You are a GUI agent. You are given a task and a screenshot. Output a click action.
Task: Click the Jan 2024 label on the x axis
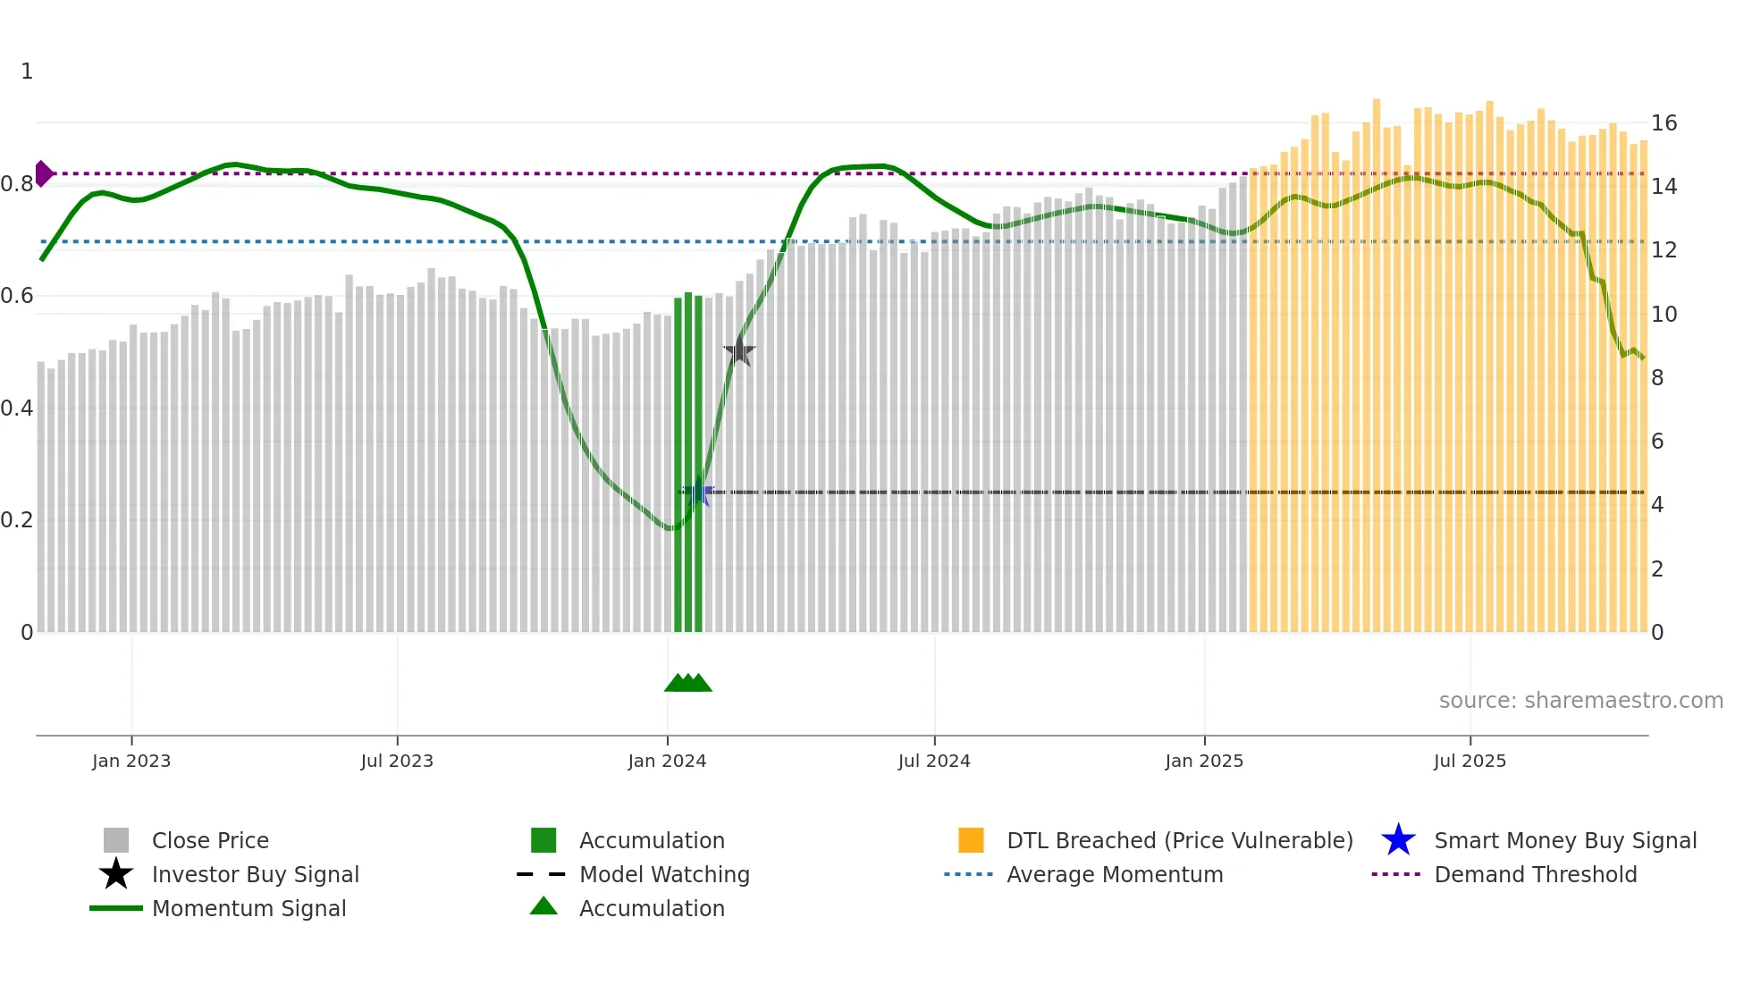click(x=667, y=761)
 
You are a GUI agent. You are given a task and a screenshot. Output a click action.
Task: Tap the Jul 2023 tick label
click(x=397, y=761)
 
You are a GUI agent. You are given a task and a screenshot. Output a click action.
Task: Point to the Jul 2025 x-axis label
click(x=1470, y=761)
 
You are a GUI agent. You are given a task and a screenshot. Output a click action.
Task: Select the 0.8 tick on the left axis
click(x=17, y=184)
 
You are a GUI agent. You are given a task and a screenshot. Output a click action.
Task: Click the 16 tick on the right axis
click(x=1664, y=123)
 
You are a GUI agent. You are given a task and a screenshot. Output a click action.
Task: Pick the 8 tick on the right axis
click(x=1657, y=378)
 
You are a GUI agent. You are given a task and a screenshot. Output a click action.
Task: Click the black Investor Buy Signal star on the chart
click(x=739, y=351)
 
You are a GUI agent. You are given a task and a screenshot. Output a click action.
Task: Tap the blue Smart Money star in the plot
click(x=698, y=492)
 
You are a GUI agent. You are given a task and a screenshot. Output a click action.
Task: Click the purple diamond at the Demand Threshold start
click(x=43, y=173)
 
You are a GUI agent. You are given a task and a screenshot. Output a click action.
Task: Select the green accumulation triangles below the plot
click(x=688, y=683)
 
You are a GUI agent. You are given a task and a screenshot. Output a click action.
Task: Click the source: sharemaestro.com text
click(x=1580, y=701)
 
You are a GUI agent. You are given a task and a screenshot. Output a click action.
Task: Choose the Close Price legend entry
click(x=210, y=840)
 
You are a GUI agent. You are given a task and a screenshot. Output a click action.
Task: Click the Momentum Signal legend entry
click(x=248, y=908)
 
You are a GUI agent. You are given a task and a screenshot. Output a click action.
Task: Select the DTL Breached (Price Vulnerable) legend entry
click(x=1179, y=840)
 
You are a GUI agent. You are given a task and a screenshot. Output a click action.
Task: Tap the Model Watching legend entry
click(x=664, y=874)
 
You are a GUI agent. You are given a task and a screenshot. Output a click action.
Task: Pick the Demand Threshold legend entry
click(x=1535, y=874)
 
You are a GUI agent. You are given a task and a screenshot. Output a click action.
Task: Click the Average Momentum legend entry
click(x=1114, y=874)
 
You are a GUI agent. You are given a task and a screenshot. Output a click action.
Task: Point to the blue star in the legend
click(x=1398, y=840)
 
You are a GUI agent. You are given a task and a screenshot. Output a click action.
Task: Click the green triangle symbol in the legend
click(x=543, y=906)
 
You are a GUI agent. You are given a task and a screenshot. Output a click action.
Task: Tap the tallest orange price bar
click(x=1377, y=358)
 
